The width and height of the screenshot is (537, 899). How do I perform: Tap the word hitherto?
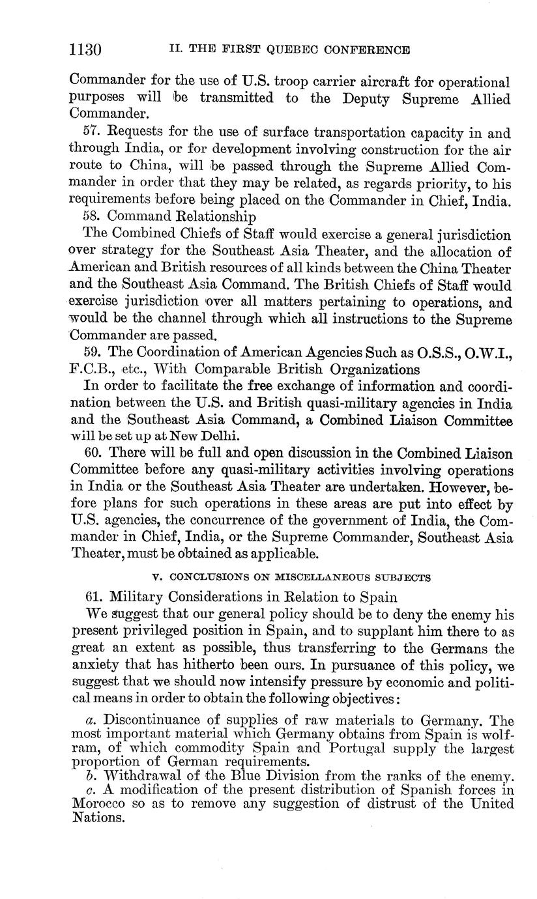click(x=218, y=666)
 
